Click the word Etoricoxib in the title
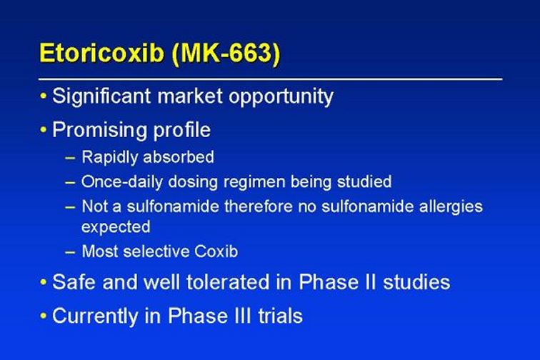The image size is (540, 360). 101,53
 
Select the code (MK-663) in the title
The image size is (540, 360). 226,54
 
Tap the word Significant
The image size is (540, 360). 101,96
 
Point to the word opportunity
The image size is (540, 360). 281,97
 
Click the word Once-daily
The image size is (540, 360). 122,182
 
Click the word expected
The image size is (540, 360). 116,227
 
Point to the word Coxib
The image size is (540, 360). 216,251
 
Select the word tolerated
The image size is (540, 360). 229,282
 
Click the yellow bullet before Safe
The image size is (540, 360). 43,282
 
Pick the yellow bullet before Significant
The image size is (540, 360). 43,96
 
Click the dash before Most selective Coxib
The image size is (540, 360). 70,252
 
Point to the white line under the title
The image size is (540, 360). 270,79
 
